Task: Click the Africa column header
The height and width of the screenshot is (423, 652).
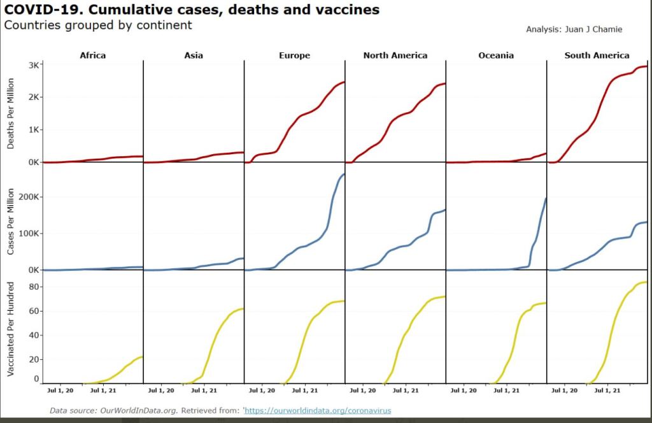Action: pos(93,55)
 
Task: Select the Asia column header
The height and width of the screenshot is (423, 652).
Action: pos(194,55)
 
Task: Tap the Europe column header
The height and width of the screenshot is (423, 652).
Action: pos(294,55)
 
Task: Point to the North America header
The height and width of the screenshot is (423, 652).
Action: pos(395,55)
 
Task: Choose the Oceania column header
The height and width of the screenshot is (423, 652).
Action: pos(495,55)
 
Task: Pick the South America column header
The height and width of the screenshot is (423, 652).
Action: pos(597,55)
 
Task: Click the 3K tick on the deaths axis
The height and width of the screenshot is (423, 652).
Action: pos(34,64)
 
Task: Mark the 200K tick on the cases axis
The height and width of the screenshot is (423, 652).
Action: pos(30,197)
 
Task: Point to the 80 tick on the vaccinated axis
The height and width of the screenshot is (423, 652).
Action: pos(36,287)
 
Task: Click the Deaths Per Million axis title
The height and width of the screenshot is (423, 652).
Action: pos(11,113)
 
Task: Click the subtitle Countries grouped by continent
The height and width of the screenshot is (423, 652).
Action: pos(98,25)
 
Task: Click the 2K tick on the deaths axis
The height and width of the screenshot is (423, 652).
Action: pos(34,97)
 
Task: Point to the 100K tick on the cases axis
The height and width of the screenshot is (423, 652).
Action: pos(30,233)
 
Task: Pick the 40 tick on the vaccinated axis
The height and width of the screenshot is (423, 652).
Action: pos(36,335)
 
